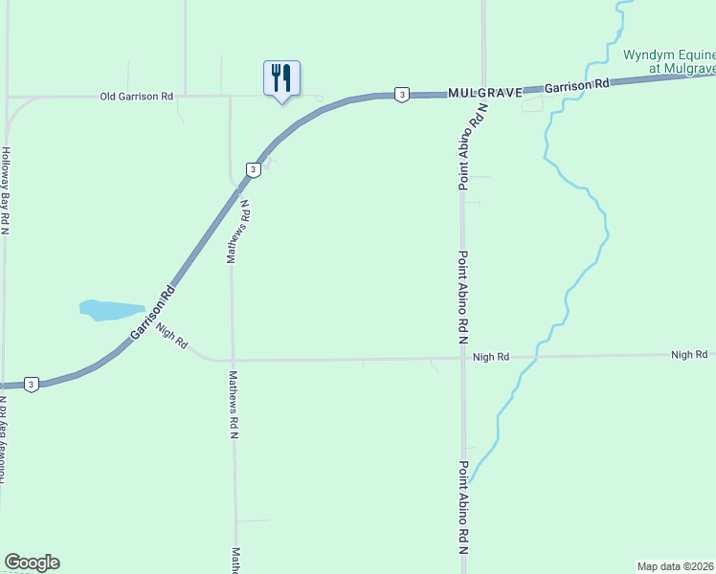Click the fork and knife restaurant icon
pyautogui.click(x=281, y=78)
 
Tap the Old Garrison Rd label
pyautogui.click(x=137, y=97)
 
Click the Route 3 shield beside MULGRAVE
pyautogui.click(x=402, y=94)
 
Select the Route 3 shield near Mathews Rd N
pyautogui.click(x=253, y=169)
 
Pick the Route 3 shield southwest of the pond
pyautogui.click(x=32, y=385)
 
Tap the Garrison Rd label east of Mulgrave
pyautogui.click(x=577, y=86)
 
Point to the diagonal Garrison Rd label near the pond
pyautogui.click(x=153, y=311)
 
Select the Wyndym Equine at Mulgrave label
pyautogui.click(x=669, y=61)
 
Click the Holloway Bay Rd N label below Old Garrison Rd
pyautogui.click(x=6, y=191)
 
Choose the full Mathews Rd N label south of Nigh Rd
pyautogui.click(x=234, y=405)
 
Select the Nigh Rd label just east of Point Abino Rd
pyautogui.click(x=491, y=357)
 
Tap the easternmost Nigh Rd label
pyautogui.click(x=689, y=355)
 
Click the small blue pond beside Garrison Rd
pyautogui.click(x=107, y=310)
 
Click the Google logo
pyautogui.click(x=32, y=563)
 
